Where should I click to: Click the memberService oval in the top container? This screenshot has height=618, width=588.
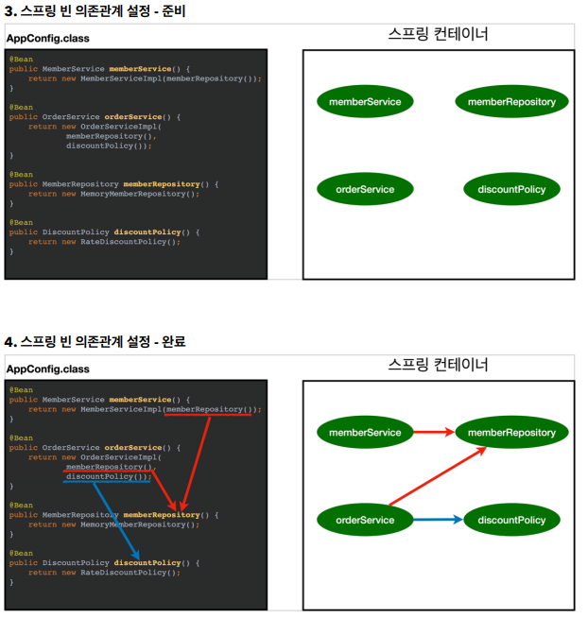365,101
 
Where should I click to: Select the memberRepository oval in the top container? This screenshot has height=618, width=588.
511,101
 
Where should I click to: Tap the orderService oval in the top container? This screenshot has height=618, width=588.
365,189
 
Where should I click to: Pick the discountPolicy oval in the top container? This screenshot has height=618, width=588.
511,189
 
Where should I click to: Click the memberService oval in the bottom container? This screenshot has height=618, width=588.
365,433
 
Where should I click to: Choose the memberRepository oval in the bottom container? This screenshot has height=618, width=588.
511,433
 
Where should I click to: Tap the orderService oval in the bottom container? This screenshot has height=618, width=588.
365,520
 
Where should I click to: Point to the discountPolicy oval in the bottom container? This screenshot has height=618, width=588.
511,520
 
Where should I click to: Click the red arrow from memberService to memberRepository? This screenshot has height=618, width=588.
435,433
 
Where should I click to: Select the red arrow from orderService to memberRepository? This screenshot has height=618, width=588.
435,478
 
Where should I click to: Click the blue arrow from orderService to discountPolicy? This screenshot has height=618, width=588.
438,520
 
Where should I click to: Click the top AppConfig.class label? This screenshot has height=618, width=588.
48,39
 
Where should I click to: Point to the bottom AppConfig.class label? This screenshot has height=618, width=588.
48,369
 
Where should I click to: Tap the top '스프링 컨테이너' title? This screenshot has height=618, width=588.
438,34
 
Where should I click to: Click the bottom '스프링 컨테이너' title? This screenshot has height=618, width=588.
438,364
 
